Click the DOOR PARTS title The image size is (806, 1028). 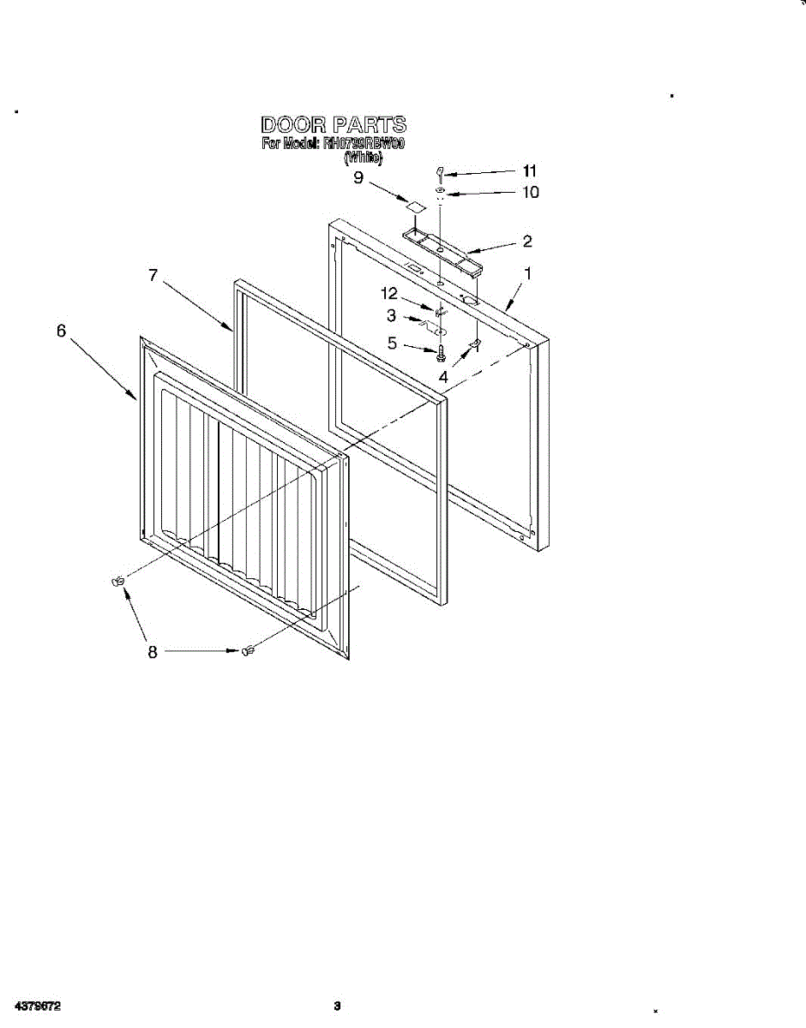point(334,125)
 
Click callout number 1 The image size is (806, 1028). point(528,274)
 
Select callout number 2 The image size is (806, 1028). point(527,242)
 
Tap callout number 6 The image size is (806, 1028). point(62,331)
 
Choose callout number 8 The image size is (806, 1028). point(153,651)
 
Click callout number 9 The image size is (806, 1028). point(358,178)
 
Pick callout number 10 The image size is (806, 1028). point(531,192)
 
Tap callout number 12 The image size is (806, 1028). point(390,294)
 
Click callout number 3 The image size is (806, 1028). point(391,315)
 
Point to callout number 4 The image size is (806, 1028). point(443,376)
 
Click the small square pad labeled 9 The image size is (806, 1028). point(415,206)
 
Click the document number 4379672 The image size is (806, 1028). point(37,1005)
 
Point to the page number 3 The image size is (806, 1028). point(338,1005)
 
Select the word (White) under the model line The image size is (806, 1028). point(363,158)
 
